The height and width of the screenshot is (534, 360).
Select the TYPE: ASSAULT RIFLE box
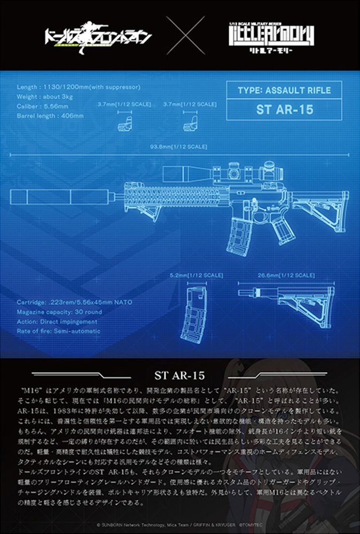(284, 90)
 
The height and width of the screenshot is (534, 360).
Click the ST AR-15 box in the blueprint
(284, 110)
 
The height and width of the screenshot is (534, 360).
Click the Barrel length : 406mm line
(50, 115)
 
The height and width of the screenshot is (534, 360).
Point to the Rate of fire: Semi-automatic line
(59, 331)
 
